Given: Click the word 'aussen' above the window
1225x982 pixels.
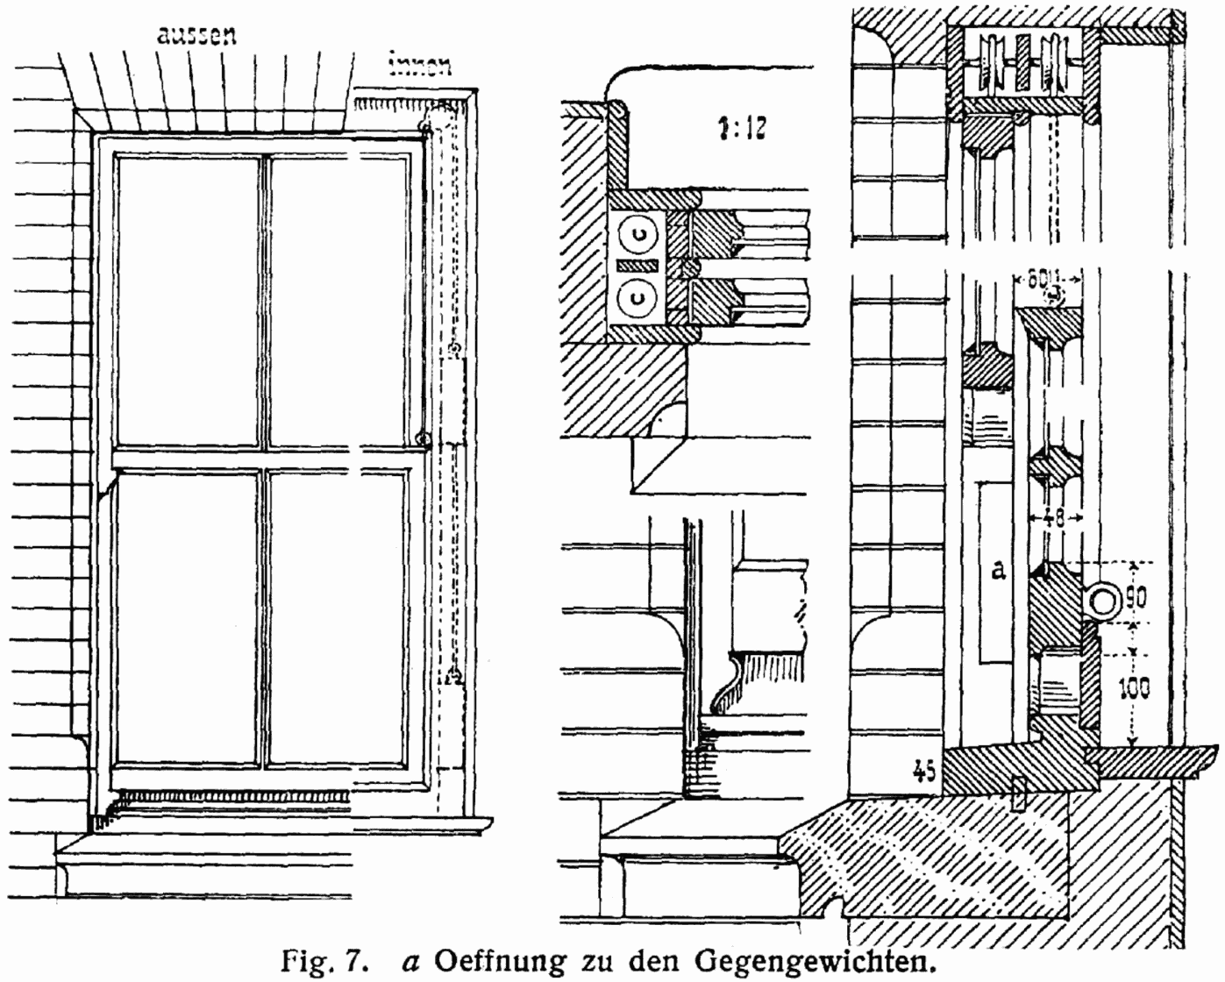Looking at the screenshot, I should point(196,35).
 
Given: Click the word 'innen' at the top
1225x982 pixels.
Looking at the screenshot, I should point(420,65).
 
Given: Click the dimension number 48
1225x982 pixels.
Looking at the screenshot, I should point(1055,518).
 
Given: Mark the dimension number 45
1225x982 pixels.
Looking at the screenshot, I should point(923,771).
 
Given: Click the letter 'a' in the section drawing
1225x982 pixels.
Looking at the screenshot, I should point(998,570).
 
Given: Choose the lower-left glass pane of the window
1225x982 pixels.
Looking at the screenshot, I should point(188,617).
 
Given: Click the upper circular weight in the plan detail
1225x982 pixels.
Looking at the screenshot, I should point(637,233).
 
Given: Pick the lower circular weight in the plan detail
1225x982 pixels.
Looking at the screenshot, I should point(637,298).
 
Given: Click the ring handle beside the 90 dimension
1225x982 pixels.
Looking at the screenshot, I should point(1100,601).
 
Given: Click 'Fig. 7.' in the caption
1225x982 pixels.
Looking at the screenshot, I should point(321,959).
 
